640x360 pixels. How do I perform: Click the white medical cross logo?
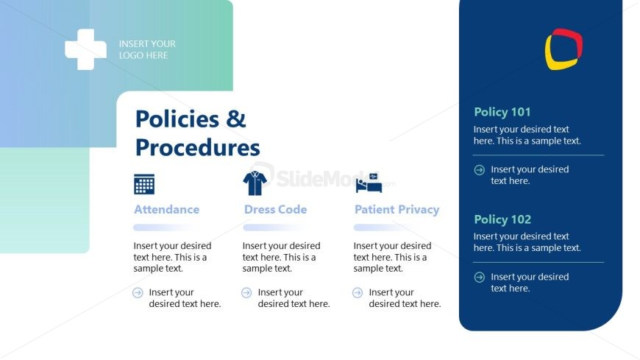click(x=86, y=49)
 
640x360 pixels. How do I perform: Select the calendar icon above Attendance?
click(x=144, y=184)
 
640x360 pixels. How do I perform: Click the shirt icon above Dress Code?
click(x=255, y=183)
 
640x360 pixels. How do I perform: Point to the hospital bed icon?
click(x=369, y=183)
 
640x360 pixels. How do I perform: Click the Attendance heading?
click(x=166, y=210)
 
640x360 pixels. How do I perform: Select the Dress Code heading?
click(x=276, y=210)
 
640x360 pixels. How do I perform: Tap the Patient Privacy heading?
click(x=397, y=210)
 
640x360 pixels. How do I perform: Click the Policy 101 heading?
click(x=502, y=112)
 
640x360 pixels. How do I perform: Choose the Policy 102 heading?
click(x=502, y=219)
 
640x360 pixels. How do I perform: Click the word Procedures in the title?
click(x=198, y=147)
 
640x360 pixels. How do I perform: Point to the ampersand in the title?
click(x=235, y=119)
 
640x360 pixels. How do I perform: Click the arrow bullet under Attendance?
click(x=138, y=292)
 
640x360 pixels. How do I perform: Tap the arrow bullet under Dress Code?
click(x=246, y=292)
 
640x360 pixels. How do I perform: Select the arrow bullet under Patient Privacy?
click(x=358, y=292)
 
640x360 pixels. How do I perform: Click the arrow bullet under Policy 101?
click(x=480, y=170)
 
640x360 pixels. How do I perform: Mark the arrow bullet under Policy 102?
click(x=480, y=278)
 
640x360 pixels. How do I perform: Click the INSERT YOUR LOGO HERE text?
click(x=147, y=49)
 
